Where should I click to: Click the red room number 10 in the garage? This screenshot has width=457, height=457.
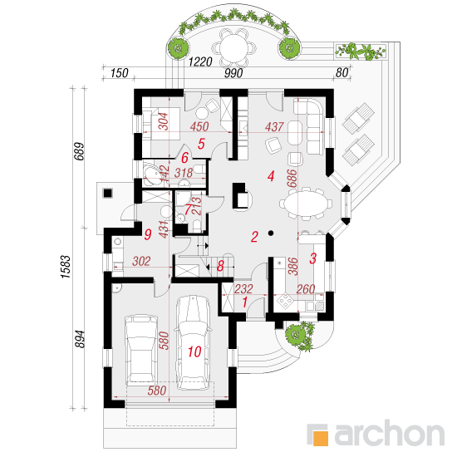[194, 351]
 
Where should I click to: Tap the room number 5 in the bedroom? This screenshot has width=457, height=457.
[201, 144]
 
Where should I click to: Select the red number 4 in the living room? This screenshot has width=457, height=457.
[271, 176]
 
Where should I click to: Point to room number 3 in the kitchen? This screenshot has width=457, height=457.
[312, 258]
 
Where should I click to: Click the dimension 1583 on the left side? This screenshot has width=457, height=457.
[66, 267]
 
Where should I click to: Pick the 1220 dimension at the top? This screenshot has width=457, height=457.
[200, 61]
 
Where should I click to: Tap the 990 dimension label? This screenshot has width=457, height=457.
[233, 73]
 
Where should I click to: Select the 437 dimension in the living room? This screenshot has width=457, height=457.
[274, 127]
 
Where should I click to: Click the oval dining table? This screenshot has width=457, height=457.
[306, 204]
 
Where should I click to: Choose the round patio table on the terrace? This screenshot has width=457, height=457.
[233, 47]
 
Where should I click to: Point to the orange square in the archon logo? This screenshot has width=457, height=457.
[320, 438]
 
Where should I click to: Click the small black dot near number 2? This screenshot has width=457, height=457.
[271, 233]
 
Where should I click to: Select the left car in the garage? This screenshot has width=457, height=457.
[141, 350]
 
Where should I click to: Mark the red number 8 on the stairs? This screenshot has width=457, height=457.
[221, 266]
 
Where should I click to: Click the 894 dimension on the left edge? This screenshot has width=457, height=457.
[80, 339]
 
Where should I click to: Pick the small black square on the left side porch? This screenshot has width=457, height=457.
[108, 193]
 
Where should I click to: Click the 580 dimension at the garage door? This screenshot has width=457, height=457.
[157, 391]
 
